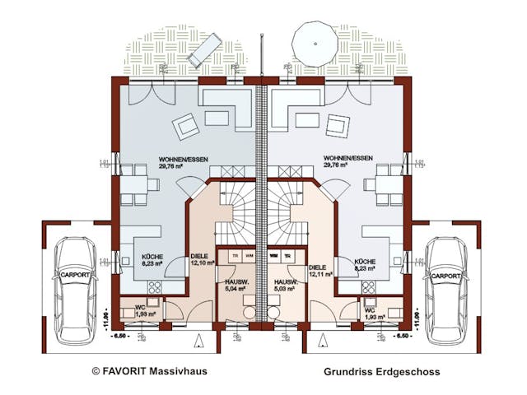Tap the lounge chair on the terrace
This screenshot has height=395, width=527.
203,49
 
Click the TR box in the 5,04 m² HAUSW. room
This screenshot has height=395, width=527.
236,255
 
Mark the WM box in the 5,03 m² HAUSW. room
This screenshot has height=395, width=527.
273,255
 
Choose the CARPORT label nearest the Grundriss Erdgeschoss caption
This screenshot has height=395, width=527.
446,276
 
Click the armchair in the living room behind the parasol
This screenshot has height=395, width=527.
336,125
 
